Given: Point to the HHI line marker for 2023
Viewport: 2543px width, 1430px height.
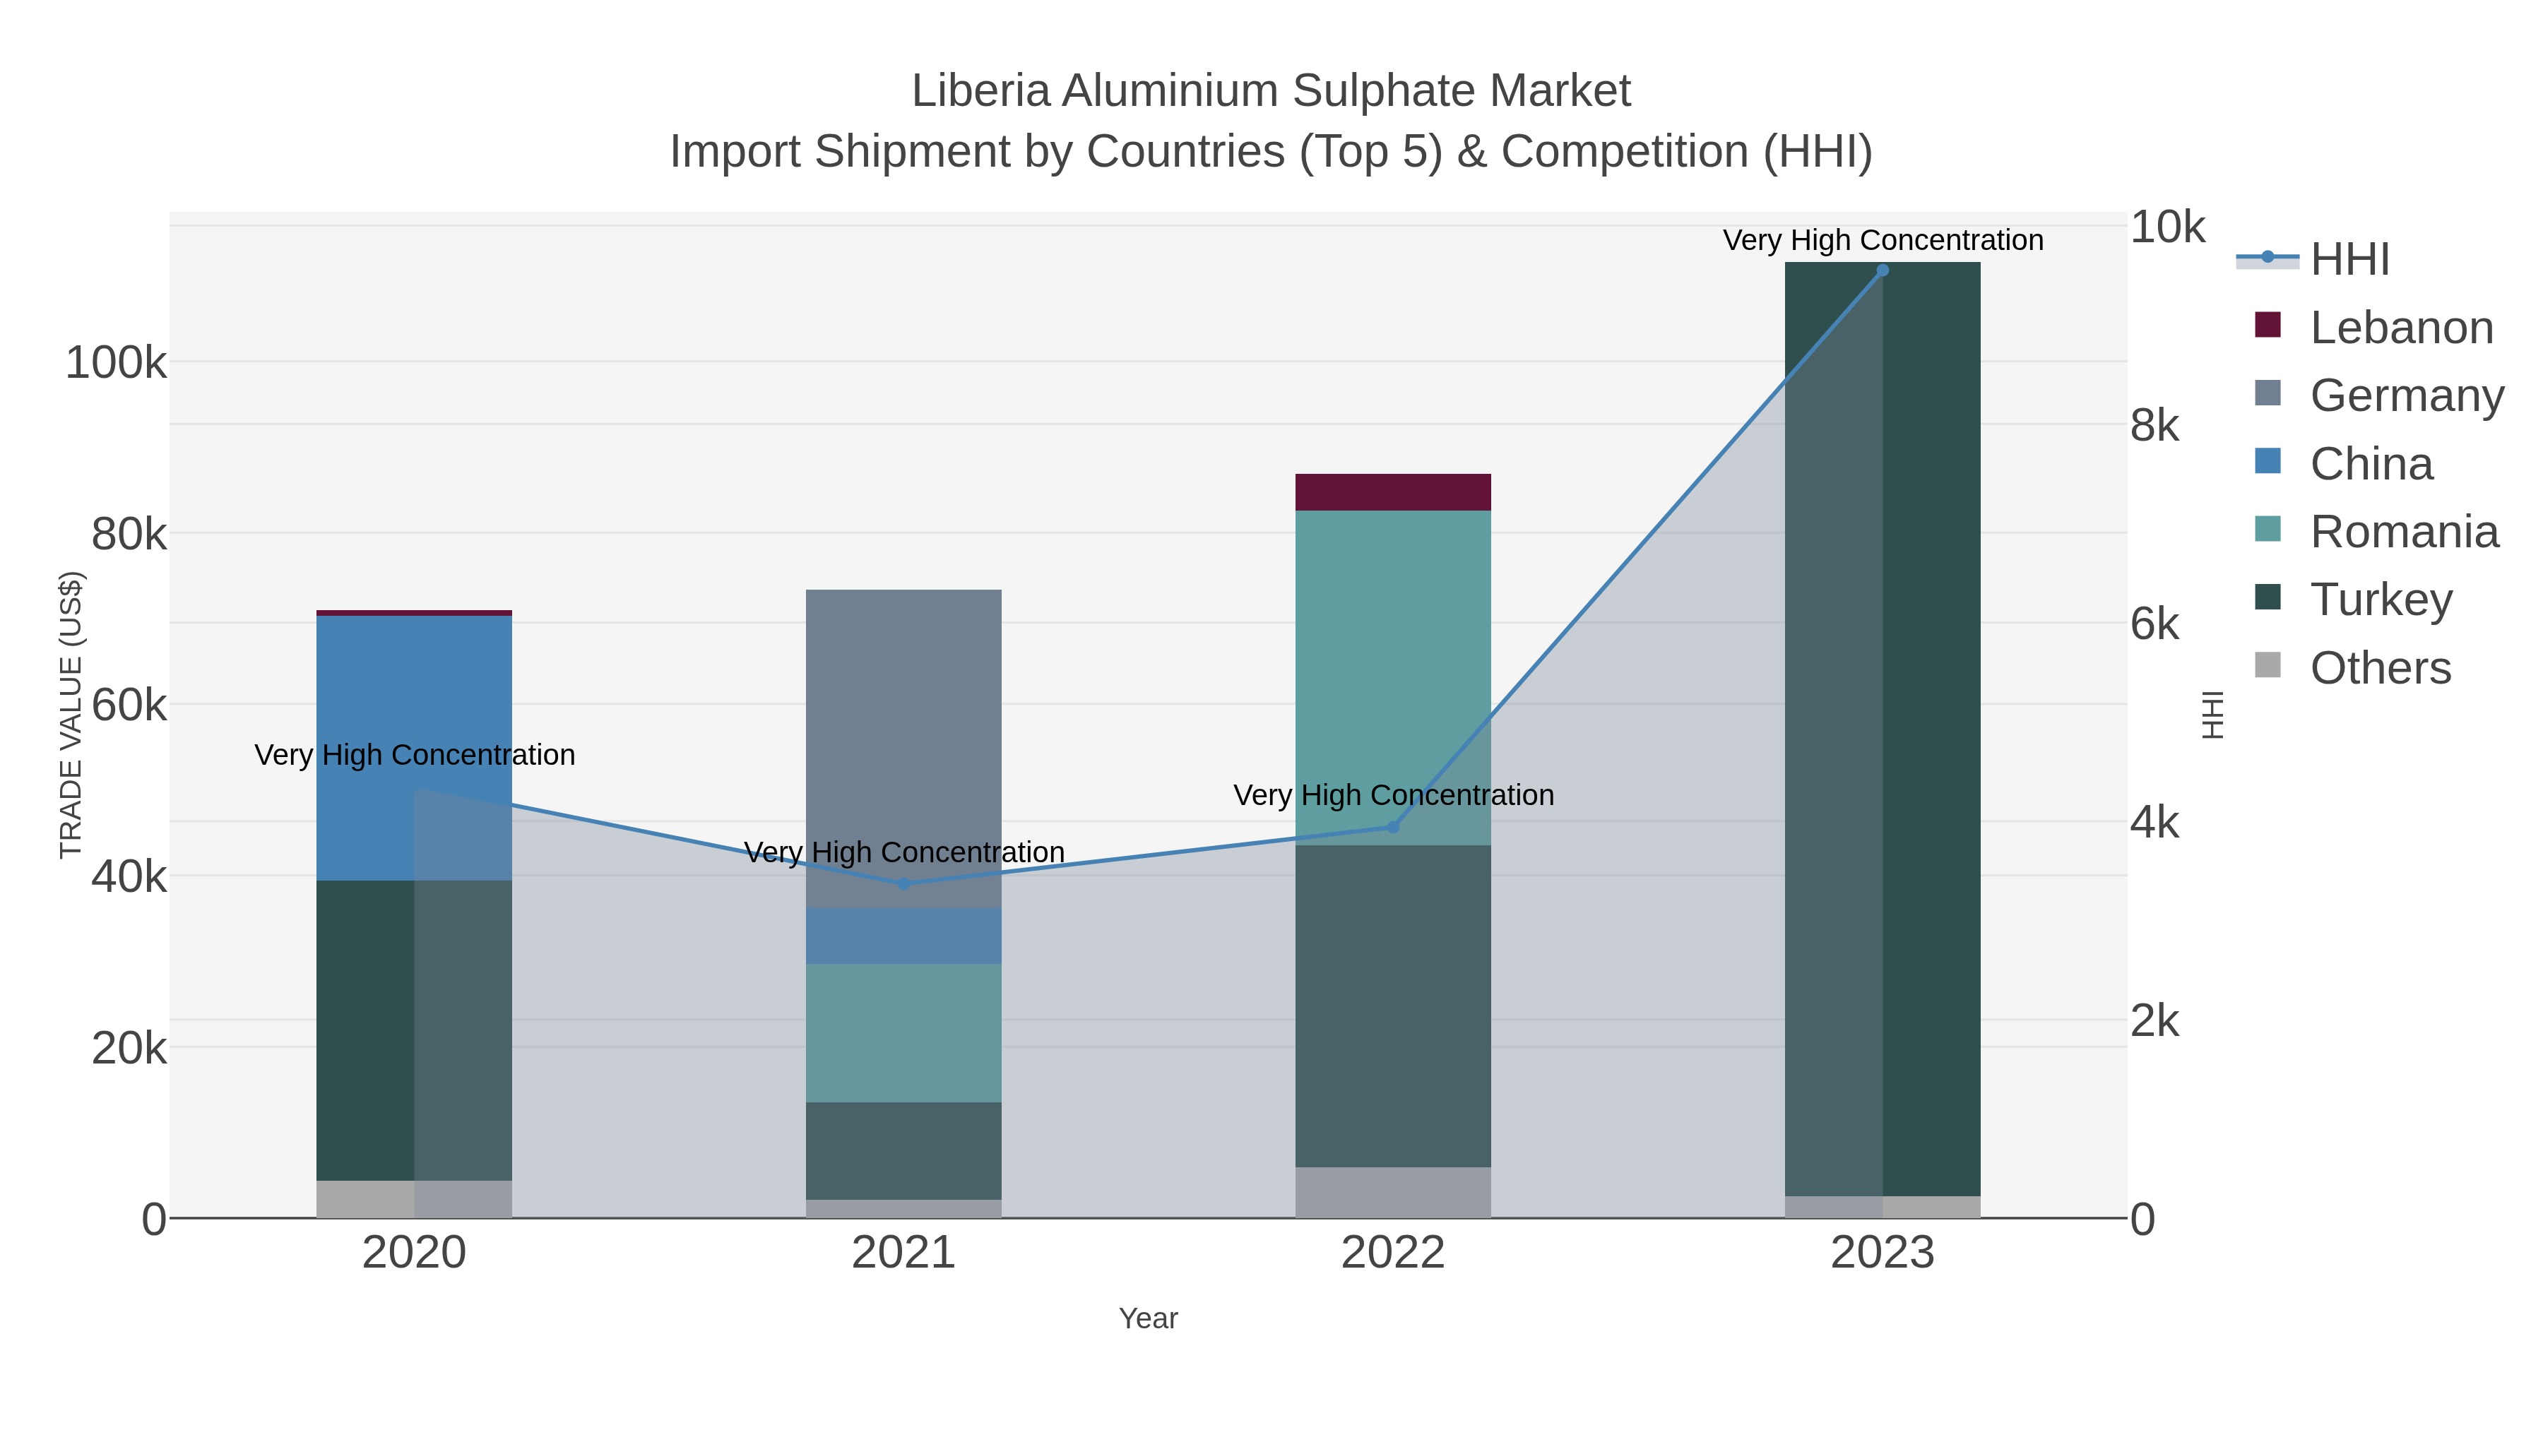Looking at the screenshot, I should (x=1882, y=270).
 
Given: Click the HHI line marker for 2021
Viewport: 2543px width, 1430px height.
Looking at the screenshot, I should (x=903, y=883).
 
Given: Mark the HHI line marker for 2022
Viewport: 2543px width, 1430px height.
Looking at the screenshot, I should (x=1393, y=827).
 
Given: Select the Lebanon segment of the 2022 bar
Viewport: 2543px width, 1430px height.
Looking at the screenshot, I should (x=1393, y=491).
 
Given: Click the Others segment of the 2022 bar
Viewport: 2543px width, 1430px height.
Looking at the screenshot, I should (x=1393, y=1192).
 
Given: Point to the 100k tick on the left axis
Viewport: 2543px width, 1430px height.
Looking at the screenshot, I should (x=116, y=363).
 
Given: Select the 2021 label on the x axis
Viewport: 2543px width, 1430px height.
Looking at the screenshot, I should (x=903, y=1252).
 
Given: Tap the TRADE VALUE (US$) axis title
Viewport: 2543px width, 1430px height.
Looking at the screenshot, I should (x=71, y=715).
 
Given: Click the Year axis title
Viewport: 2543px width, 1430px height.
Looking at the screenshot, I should (x=1148, y=1318).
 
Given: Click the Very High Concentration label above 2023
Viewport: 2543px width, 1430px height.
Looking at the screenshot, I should (x=1883, y=240).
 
